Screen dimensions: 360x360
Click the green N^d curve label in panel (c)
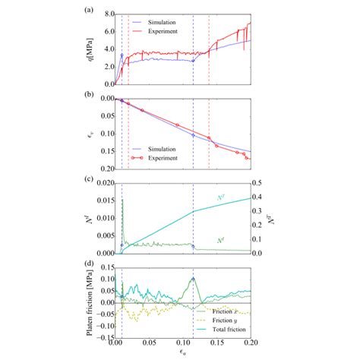(x=221, y=240)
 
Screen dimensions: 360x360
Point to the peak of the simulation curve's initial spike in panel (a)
(x=122, y=55)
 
